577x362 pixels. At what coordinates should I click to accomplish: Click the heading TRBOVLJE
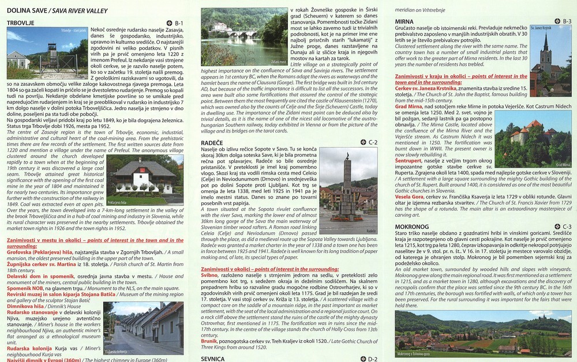coord(21,22)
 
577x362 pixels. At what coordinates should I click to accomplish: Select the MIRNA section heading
coord(405,21)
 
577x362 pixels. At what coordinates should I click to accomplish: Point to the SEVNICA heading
coord(213,358)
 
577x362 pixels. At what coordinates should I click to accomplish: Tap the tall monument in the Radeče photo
coord(347,184)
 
